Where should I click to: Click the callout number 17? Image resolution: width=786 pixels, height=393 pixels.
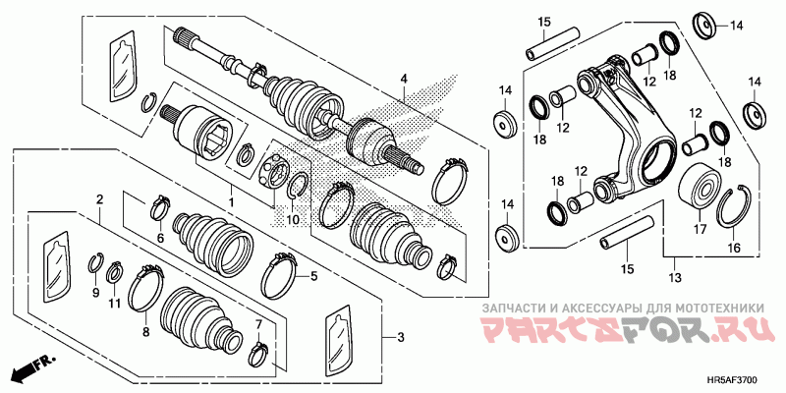(x=700, y=229)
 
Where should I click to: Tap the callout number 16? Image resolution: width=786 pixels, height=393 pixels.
(x=734, y=248)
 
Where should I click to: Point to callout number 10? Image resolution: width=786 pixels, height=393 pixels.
(x=293, y=219)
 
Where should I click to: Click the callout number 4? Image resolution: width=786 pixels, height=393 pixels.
(x=404, y=79)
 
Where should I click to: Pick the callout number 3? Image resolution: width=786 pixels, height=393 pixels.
(x=400, y=338)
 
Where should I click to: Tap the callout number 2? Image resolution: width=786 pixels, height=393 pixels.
(x=100, y=199)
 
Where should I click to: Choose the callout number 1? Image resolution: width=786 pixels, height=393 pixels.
(x=232, y=203)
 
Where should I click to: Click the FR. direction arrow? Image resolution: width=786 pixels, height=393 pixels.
(x=32, y=367)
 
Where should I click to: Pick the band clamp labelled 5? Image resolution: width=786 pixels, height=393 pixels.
(x=281, y=276)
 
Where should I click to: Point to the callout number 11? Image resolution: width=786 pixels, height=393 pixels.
(x=115, y=304)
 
